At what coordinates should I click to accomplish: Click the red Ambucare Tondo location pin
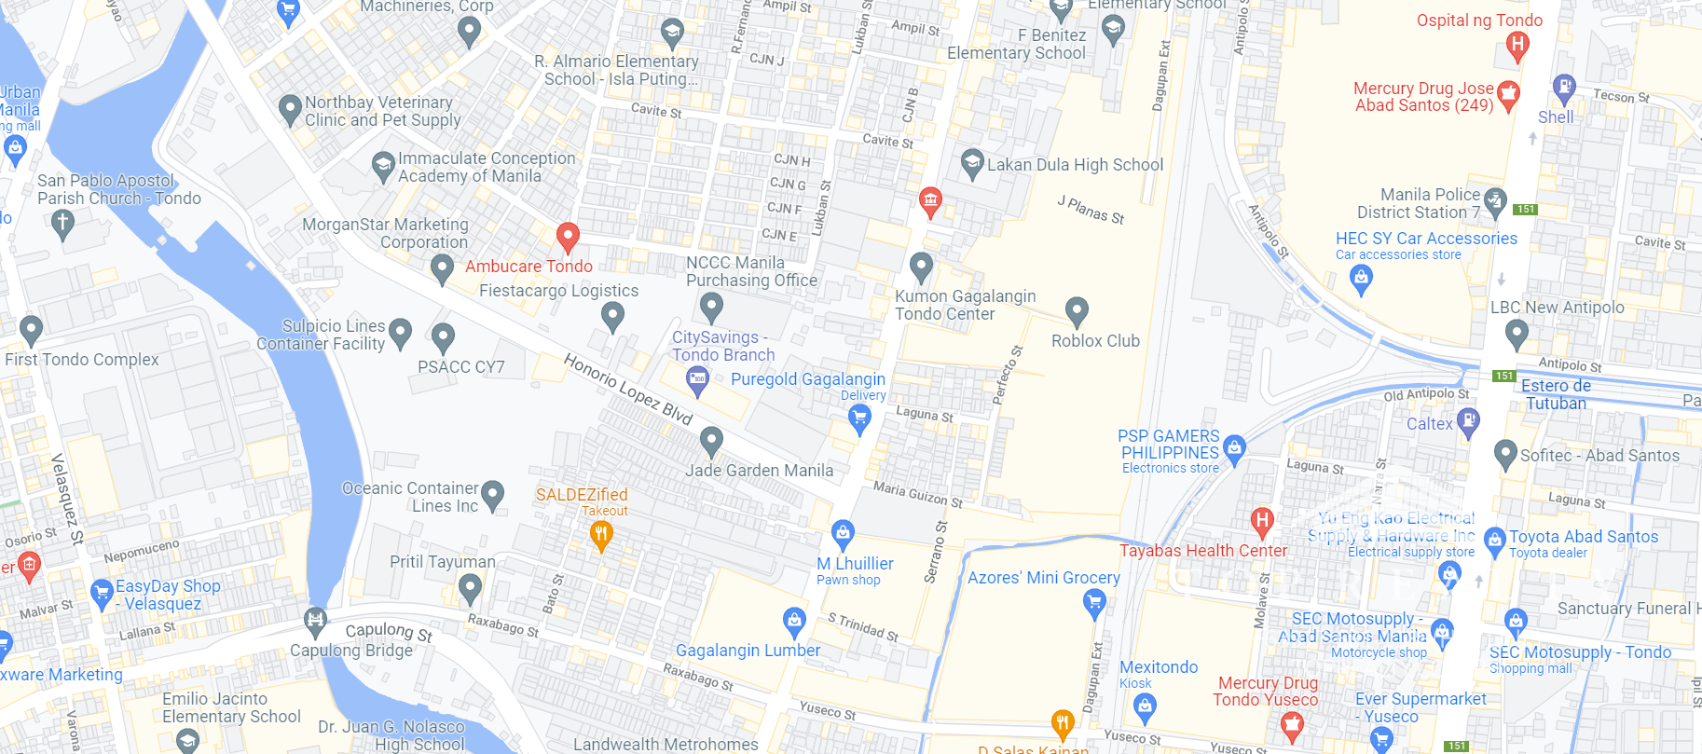pyautogui.click(x=568, y=237)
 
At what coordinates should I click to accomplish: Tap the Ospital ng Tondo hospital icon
pyautogui.click(x=1517, y=44)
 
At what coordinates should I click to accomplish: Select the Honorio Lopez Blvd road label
pyautogui.click(x=628, y=388)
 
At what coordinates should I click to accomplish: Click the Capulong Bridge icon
pyautogui.click(x=315, y=619)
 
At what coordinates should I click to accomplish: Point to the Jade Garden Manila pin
pyautogui.click(x=711, y=439)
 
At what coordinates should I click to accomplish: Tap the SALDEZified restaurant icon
pyautogui.click(x=601, y=535)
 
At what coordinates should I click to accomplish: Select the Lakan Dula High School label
pyautogui.click(x=1075, y=165)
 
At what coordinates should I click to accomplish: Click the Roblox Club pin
pyautogui.click(x=1077, y=310)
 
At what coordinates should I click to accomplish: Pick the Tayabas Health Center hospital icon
pyautogui.click(x=1262, y=521)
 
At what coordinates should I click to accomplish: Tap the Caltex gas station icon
pyautogui.click(x=1468, y=420)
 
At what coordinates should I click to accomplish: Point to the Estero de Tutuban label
pyautogui.click(x=1556, y=394)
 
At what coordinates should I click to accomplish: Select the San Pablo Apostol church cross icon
pyautogui.click(x=62, y=223)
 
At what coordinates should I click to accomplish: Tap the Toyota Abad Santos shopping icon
pyautogui.click(x=1494, y=539)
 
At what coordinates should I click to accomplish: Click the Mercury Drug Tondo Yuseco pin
pyautogui.click(x=1291, y=724)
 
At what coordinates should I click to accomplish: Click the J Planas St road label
pyautogui.click(x=1091, y=210)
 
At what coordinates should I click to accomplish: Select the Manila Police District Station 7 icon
pyautogui.click(x=1495, y=199)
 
